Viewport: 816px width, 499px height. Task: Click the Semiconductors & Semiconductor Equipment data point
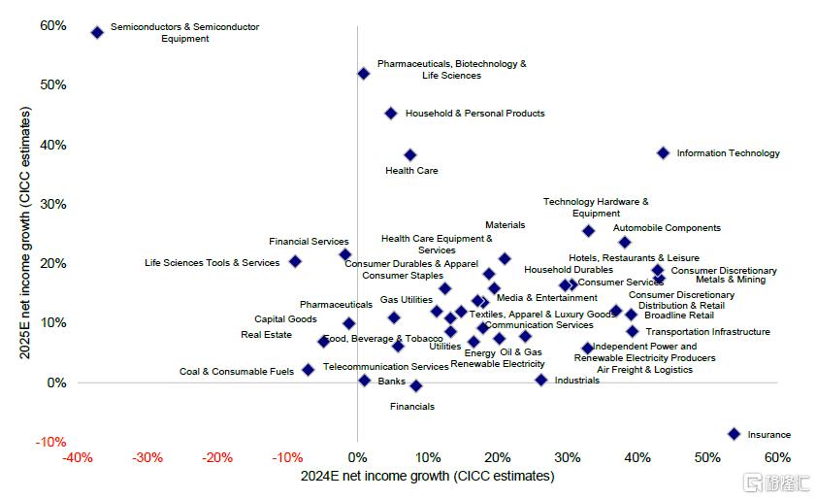click(x=97, y=32)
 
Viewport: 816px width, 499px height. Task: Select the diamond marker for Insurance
click(x=734, y=434)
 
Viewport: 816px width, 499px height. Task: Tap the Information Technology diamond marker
click(x=663, y=152)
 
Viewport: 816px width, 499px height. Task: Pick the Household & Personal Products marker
click(x=391, y=114)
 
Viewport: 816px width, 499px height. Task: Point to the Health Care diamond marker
click(x=410, y=154)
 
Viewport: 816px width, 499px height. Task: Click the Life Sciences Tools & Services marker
click(x=295, y=262)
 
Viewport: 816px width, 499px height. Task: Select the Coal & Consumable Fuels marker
click(x=309, y=370)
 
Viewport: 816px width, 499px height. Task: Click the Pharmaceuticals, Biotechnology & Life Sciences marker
click(x=363, y=73)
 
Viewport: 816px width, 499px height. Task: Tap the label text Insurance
click(x=768, y=435)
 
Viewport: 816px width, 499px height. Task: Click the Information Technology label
click(x=728, y=153)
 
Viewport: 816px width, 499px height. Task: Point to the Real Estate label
click(x=266, y=335)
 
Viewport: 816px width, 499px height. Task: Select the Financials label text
click(x=412, y=407)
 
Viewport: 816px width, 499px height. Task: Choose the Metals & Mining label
click(x=730, y=281)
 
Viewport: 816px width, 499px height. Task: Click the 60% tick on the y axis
click(x=52, y=25)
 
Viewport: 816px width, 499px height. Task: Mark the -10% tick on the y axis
click(x=50, y=442)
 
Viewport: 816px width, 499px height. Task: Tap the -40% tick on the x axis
click(x=77, y=458)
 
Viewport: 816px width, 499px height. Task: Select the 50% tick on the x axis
click(x=707, y=458)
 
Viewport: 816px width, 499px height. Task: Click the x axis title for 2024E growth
click(x=427, y=476)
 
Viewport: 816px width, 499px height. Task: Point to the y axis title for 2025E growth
click(x=26, y=233)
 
